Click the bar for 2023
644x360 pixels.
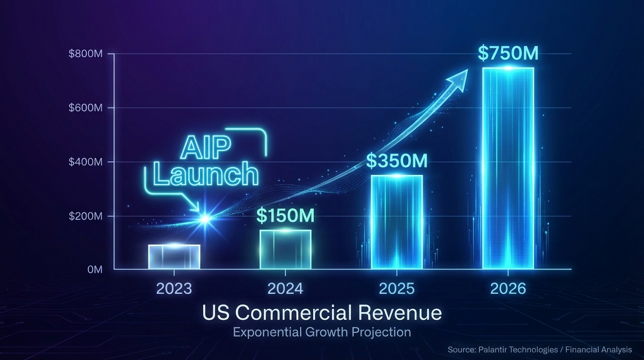[174, 257]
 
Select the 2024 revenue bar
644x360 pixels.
[285, 249]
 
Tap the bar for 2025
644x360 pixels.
[396, 222]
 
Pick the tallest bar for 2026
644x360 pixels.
[508, 168]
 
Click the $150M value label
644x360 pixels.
[285, 216]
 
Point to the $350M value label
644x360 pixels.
[397, 161]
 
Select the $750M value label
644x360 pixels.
[508, 53]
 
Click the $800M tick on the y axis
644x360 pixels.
[86, 54]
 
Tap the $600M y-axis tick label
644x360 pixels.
[86, 108]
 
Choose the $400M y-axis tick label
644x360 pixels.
[86, 162]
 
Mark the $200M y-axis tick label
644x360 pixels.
[86, 217]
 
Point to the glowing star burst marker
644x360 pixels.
[204, 219]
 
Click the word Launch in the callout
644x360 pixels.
[206, 174]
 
